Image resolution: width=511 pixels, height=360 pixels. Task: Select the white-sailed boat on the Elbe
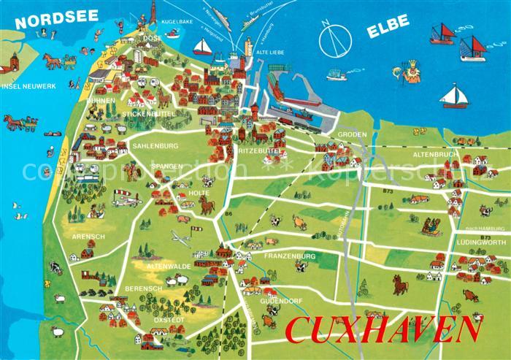click(453, 96)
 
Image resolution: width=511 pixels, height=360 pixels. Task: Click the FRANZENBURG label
click(290, 256)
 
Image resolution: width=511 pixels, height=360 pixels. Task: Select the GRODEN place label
click(352, 135)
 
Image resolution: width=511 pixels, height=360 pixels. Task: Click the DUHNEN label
click(101, 100)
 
